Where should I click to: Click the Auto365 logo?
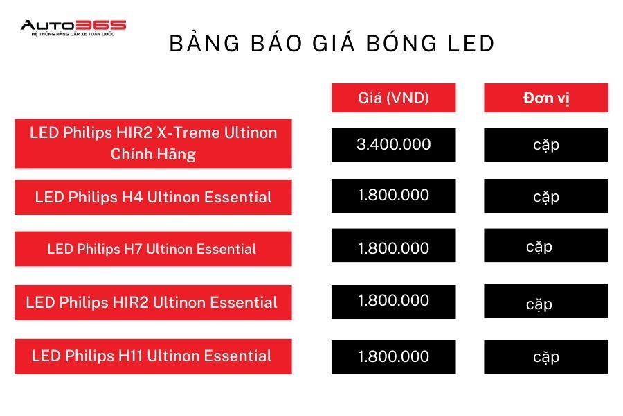coord(73,28)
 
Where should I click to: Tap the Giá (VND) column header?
coord(393,98)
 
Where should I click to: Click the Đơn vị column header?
coord(546,98)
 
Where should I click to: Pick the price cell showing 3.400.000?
coord(393,145)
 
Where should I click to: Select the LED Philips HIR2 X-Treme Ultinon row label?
coord(154,144)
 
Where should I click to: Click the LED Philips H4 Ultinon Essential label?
coord(154,197)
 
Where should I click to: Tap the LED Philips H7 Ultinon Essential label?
coord(154,249)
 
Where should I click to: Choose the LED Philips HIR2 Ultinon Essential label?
coord(154,302)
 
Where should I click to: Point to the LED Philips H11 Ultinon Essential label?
coord(154,356)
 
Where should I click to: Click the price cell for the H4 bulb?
coord(393,196)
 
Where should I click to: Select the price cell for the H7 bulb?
coord(393,245)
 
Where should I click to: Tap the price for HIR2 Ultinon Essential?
coord(393,302)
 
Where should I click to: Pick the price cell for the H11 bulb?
coord(393,357)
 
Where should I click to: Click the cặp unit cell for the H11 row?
coord(546,357)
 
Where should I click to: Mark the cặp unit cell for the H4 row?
coord(546,196)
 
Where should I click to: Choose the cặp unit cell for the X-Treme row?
coord(546,145)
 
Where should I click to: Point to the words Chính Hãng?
coord(153,154)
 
